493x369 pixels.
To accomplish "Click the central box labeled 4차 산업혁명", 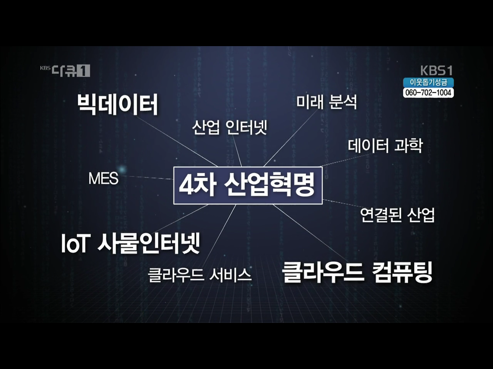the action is pyautogui.click(x=248, y=185).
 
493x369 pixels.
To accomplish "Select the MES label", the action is pyautogui.click(x=103, y=179).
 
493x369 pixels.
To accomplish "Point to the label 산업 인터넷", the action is pyautogui.click(x=230, y=127).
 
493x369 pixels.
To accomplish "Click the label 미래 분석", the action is pyautogui.click(x=326, y=102).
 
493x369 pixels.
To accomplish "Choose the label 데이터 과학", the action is pyautogui.click(x=385, y=145).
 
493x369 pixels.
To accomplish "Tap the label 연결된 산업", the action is pyautogui.click(x=397, y=215).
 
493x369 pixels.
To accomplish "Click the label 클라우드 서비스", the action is pyautogui.click(x=200, y=275).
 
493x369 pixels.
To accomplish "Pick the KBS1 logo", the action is pyautogui.click(x=436, y=71).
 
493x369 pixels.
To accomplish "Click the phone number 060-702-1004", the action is pyautogui.click(x=428, y=93).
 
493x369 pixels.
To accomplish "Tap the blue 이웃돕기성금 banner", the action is pyautogui.click(x=428, y=82).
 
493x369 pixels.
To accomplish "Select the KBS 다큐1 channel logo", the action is pyautogui.click(x=65, y=70).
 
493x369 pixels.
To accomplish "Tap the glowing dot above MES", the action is pyautogui.click(x=122, y=169).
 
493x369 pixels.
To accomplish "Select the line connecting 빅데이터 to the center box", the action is pyautogui.click(x=177, y=141).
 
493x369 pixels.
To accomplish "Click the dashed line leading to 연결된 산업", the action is pyautogui.click(x=341, y=204).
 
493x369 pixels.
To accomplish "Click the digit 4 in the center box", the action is pyautogui.click(x=186, y=185).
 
